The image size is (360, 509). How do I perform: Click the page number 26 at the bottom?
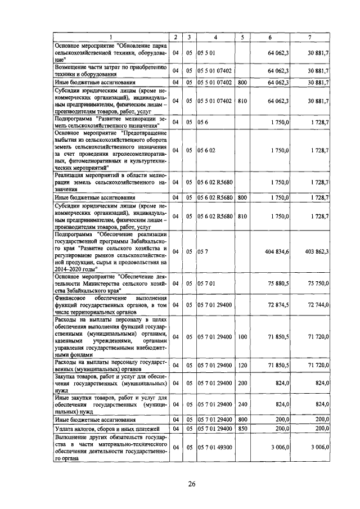pos(192,485)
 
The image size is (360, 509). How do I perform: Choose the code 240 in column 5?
pos(242,404)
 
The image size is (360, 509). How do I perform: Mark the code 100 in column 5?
pos(242,337)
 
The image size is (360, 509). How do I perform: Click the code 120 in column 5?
pos(242,365)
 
